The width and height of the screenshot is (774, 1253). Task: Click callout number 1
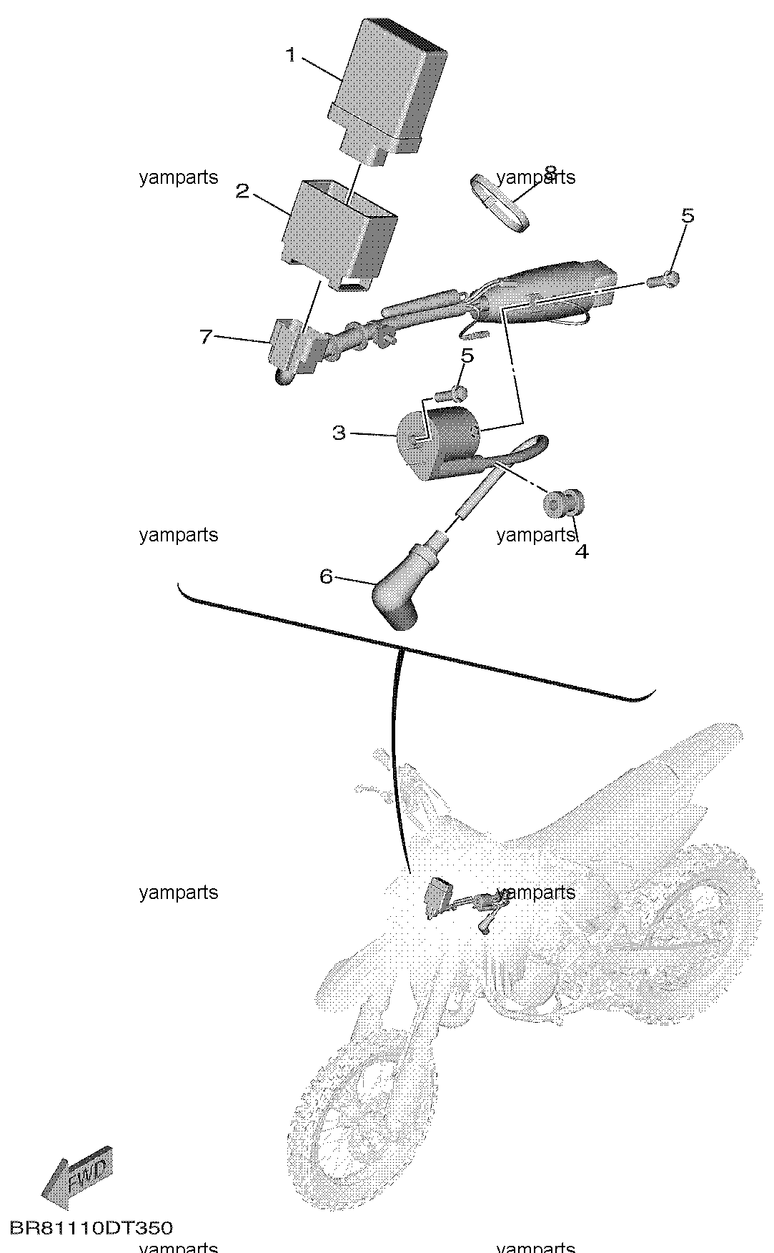pos(291,55)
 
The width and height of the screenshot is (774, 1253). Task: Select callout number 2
pos(243,191)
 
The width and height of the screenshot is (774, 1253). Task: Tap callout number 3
pos(339,433)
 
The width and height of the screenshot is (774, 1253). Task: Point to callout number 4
pos(582,551)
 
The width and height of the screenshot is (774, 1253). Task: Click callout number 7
pos(206,336)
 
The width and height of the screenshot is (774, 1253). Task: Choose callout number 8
pos(550,172)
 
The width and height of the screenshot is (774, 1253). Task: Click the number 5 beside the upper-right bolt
pos(687,215)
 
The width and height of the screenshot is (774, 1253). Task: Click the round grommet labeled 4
pos(563,503)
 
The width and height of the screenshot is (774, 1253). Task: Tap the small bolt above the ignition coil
pos(451,392)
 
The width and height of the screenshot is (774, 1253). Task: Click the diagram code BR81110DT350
pos(91,1228)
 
